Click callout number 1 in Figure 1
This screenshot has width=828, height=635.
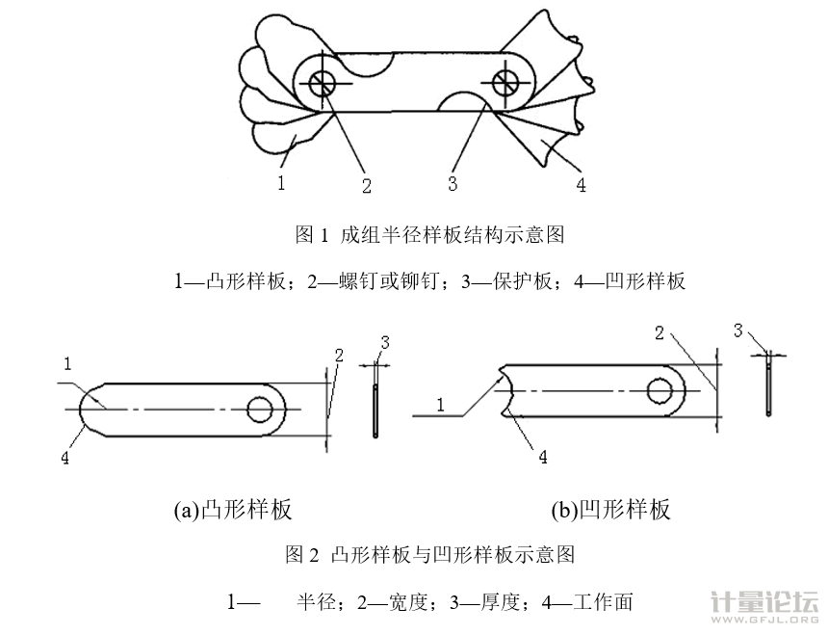(281, 179)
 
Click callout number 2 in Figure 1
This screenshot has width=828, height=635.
(366, 182)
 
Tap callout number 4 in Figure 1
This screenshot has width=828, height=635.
(581, 183)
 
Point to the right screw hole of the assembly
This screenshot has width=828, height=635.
(505, 82)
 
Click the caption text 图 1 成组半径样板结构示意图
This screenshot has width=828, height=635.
(428, 234)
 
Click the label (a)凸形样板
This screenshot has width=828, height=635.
(232, 510)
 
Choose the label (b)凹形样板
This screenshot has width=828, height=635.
(610, 510)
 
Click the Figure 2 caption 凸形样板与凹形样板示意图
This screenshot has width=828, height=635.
(453, 555)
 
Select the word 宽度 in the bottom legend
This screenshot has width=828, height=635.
(402, 603)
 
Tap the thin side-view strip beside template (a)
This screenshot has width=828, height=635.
(375, 412)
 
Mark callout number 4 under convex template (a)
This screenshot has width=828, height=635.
(65, 459)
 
